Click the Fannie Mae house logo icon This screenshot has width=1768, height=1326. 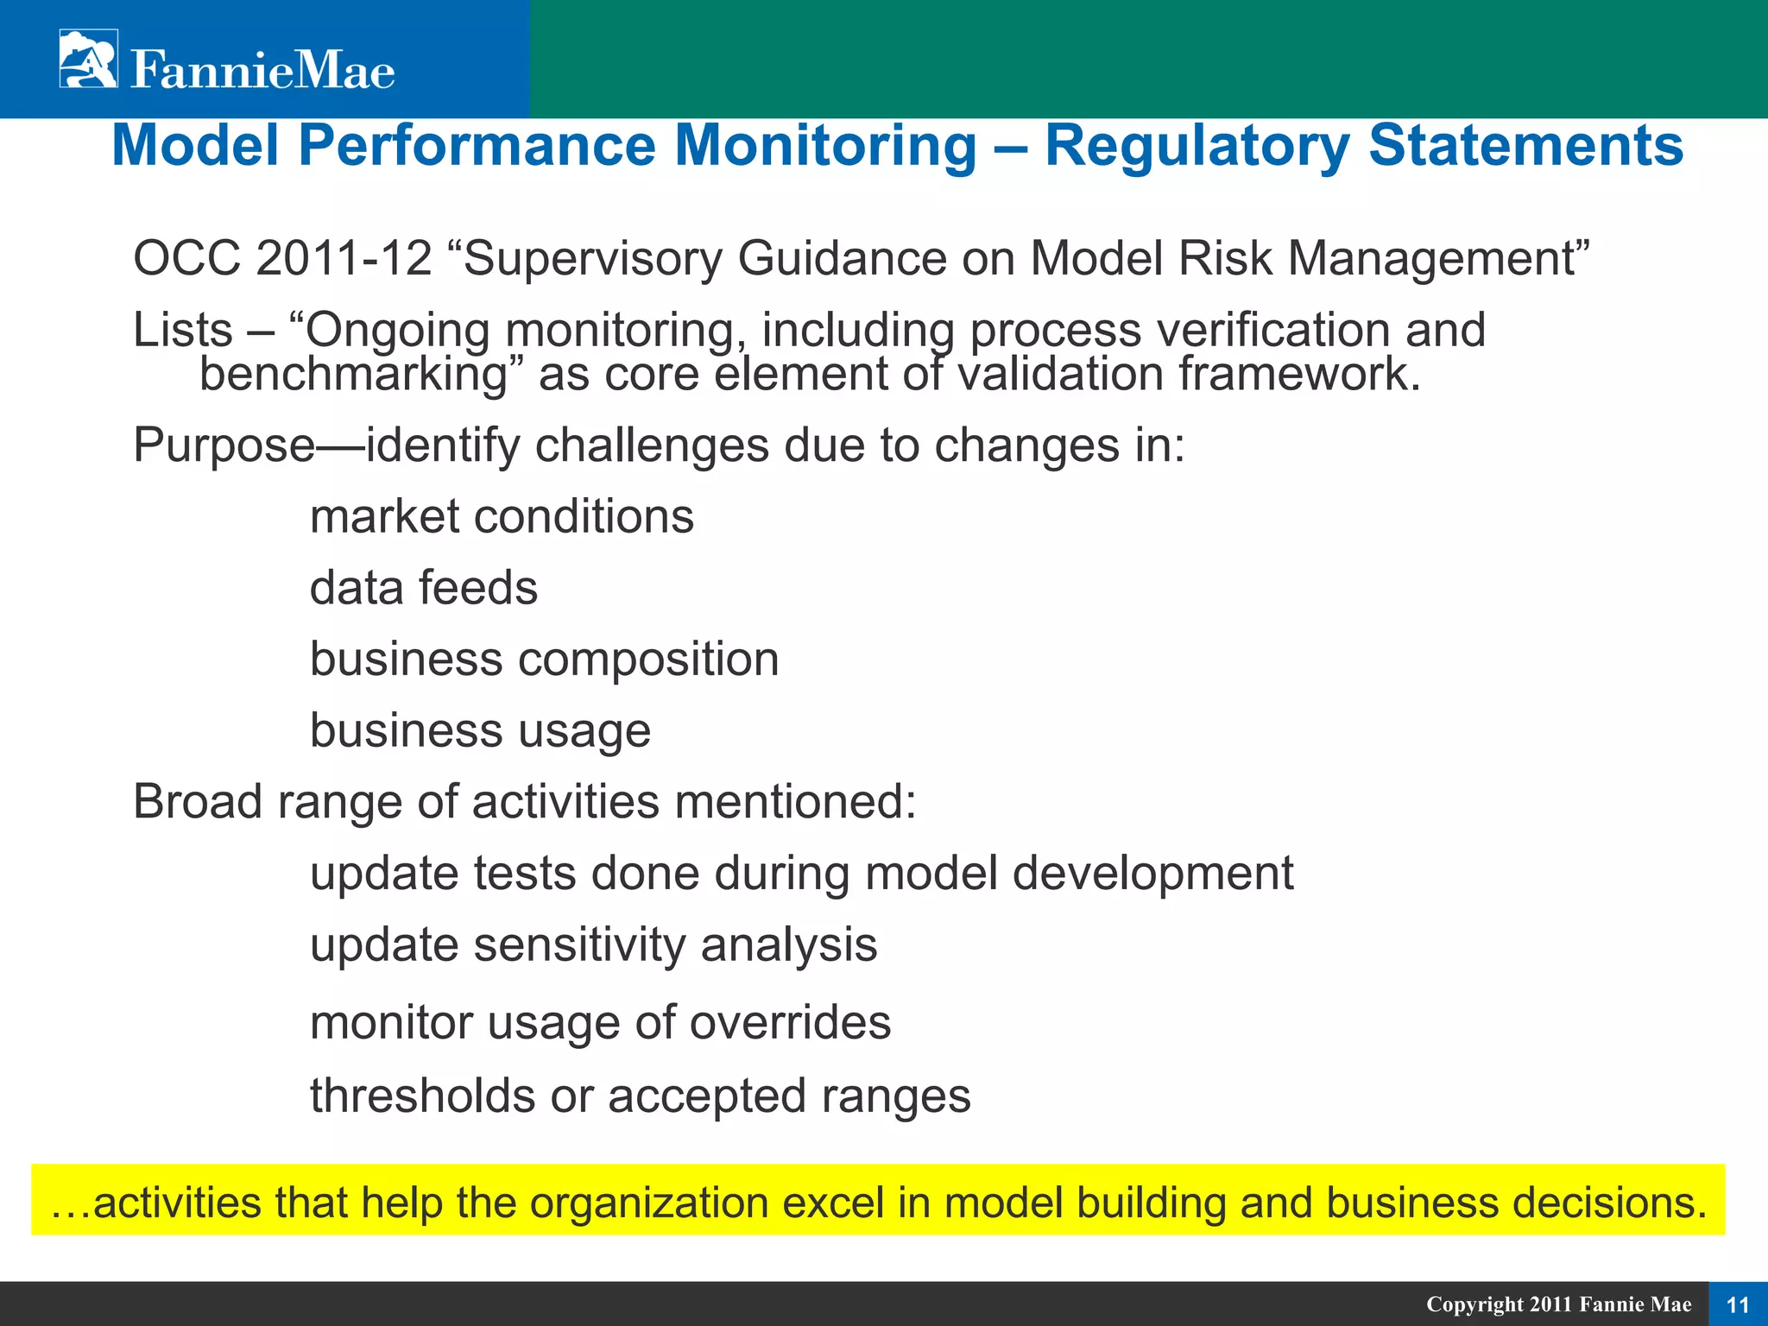click(x=88, y=59)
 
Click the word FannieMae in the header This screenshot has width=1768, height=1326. click(x=262, y=70)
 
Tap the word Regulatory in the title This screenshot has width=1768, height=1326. click(x=1197, y=145)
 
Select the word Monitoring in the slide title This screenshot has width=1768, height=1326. click(x=824, y=145)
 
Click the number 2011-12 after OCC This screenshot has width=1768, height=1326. click(x=344, y=258)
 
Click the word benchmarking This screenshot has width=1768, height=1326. click(x=352, y=375)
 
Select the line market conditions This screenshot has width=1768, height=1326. click(x=502, y=517)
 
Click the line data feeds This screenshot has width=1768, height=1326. click(x=423, y=588)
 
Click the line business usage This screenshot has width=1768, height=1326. click(x=480, y=731)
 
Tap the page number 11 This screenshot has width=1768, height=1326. click(x=1737, y=1304)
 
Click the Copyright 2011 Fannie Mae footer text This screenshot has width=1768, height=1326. click(x=1558, y=1304)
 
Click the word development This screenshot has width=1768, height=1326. click(x=1152, y=874)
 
